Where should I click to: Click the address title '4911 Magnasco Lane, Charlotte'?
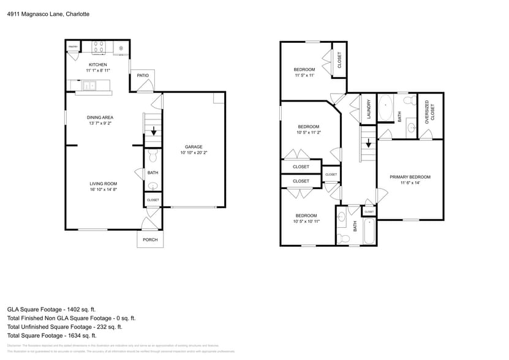(48, 13)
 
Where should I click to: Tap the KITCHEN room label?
(98, 64)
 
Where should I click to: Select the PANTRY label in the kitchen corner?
(73, 47)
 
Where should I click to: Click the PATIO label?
(143, 75)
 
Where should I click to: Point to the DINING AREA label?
(100, 117)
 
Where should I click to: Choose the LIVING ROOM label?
(103, 184)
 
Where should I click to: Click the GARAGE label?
(194, 146)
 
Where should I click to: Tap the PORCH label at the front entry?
(150, 239)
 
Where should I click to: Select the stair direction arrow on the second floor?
(368, 144)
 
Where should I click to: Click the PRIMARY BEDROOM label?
(410, 177)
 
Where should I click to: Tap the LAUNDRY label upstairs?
(369, 109)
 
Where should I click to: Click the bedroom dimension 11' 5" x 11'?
(304, 75)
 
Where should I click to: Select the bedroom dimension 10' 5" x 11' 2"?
(309, 132)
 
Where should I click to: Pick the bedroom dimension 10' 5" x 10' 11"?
(306, 222)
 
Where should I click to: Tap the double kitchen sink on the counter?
(89, 86)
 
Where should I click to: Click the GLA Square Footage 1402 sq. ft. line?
(51, 309)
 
